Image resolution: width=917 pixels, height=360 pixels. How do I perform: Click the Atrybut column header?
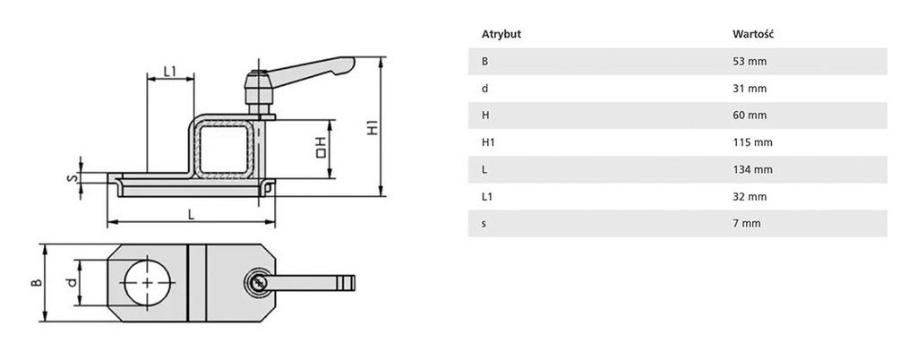coord(501,34)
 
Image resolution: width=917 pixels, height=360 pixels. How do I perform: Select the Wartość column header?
coord(753,34)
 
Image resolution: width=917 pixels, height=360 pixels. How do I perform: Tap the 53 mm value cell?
coord(750,62)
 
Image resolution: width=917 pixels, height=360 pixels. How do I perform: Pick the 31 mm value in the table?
coord(750,89)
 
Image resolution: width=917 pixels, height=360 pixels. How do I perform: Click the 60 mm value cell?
coord(750,116)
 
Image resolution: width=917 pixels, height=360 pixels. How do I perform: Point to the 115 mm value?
coord(752,142)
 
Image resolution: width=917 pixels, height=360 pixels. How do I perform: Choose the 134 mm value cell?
coord(752,169)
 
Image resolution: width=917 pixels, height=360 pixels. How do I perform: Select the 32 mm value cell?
coord(750,196)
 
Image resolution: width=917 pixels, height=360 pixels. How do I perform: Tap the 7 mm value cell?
coord(747,223)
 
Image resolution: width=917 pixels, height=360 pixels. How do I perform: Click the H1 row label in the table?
coord(488,142)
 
